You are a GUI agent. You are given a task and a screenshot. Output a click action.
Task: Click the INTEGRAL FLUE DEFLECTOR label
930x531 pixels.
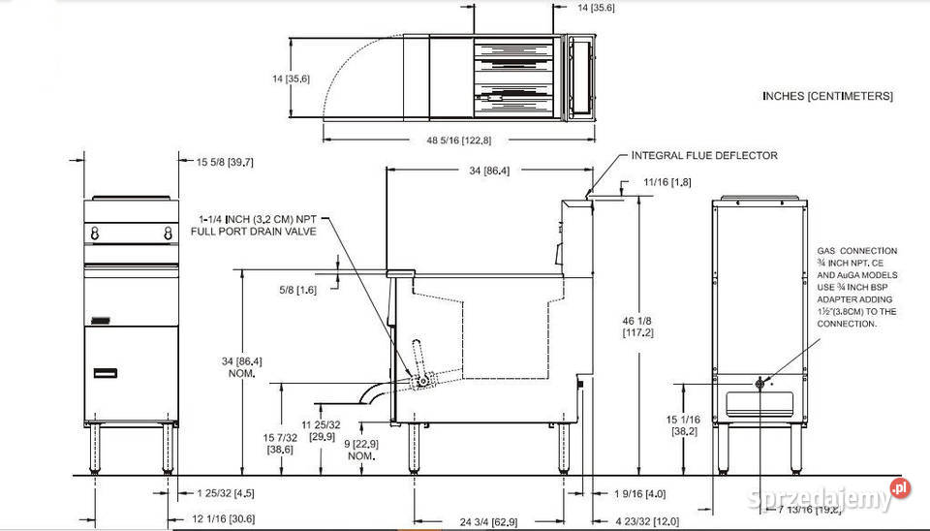[x=703, y=155]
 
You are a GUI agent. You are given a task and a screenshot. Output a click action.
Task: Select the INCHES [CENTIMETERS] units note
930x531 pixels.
[x=827, y=96]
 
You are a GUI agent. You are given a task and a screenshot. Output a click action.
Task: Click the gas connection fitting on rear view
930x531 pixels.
[x=760, y=386]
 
